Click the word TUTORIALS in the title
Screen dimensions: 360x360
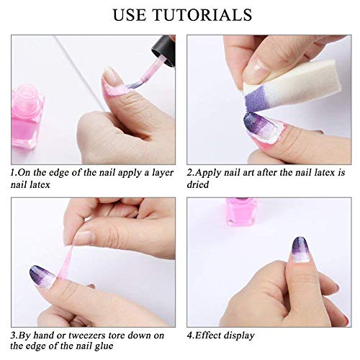pyautogui.click(x=202, y=15)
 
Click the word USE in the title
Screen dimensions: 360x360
pyautogui.click(x=130, y=15)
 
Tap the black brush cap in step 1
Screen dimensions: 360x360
pyautogui.click(x=163, y=50)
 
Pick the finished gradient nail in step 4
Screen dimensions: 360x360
pyautogui.click(x=300, y=250)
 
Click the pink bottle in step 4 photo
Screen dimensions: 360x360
pyautogui.click(x=242, y=211)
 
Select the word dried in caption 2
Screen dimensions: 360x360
pyautogui.click(x=198, y=184)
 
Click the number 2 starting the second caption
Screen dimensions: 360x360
pyautogui.click(x=189, y=172)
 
